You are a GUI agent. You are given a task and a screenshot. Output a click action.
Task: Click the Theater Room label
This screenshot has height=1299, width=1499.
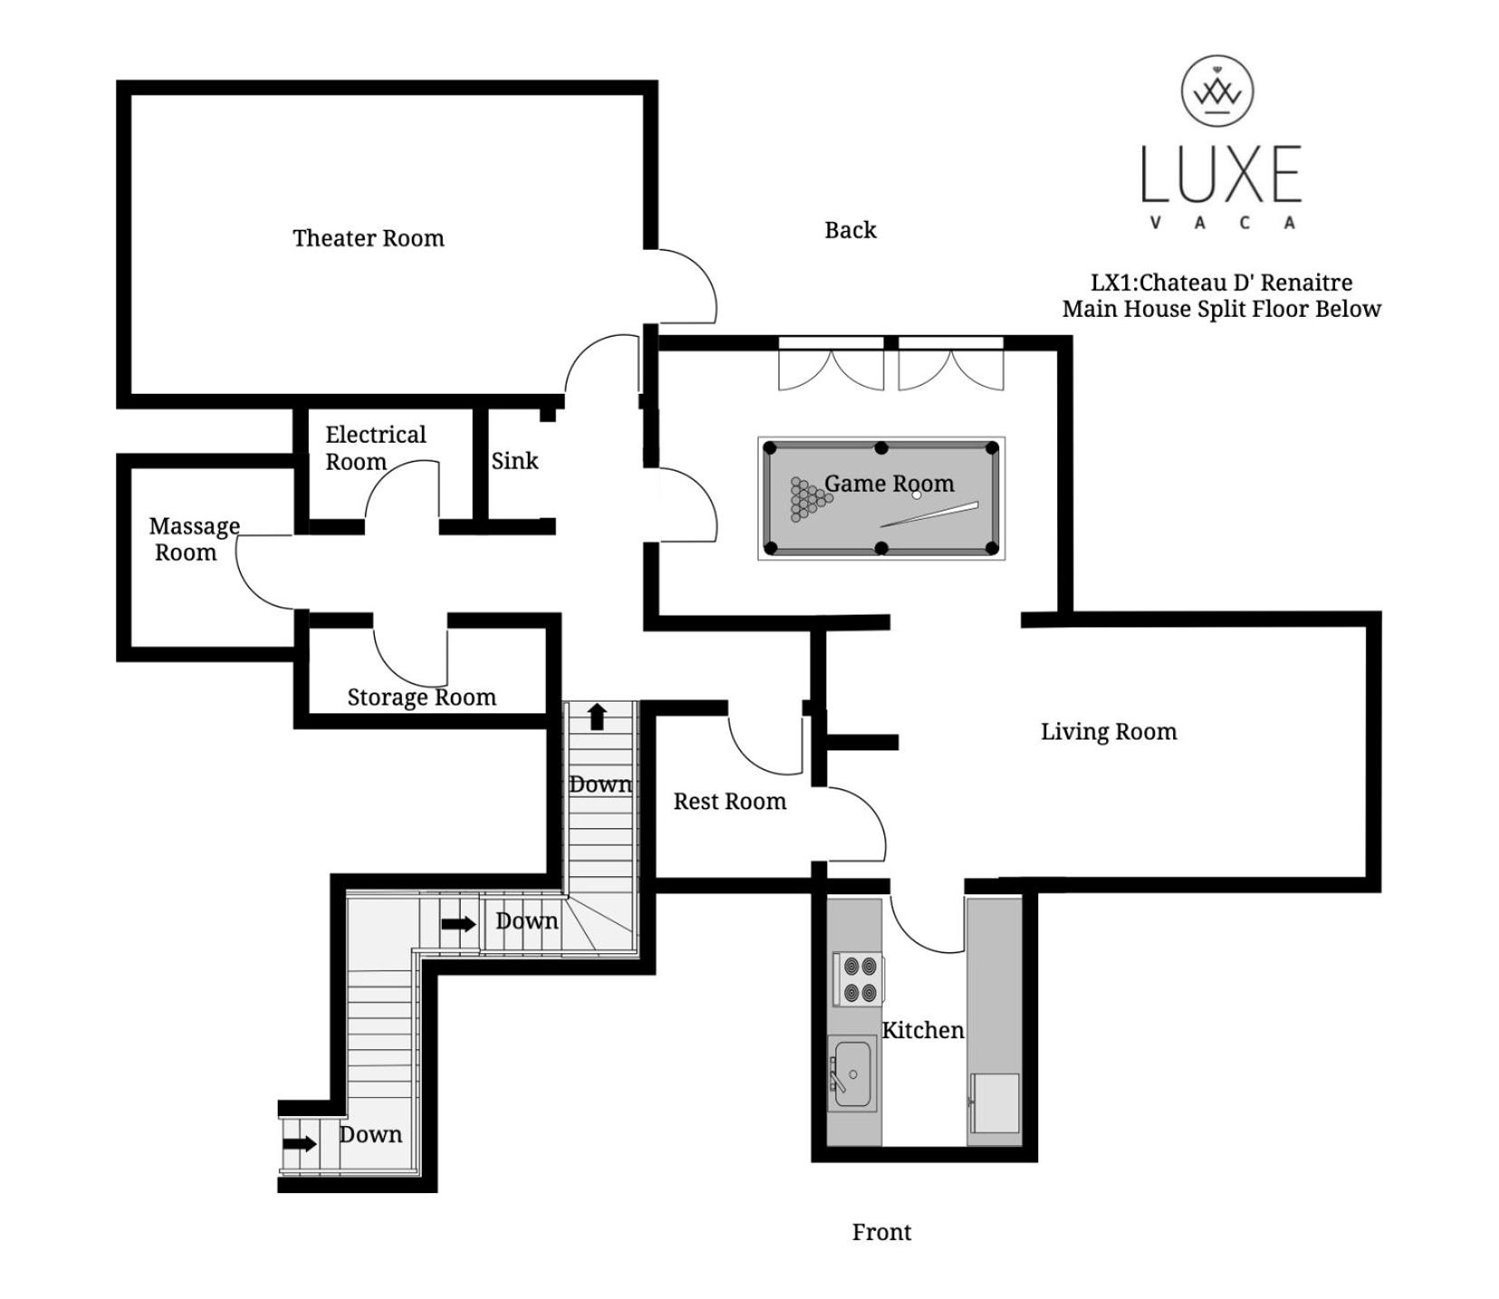tap(368, 238)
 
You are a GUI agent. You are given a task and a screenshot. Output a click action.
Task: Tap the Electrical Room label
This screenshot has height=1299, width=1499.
tap(375, 448)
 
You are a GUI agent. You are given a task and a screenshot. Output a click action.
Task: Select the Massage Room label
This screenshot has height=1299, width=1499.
tap(194, 540)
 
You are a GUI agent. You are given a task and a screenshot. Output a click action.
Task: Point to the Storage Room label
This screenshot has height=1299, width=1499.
tap(422, 697)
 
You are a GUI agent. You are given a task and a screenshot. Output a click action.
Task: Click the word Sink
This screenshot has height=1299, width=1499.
tap(514, 461)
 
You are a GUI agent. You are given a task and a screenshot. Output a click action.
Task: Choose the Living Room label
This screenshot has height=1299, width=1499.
tap(1109, 732)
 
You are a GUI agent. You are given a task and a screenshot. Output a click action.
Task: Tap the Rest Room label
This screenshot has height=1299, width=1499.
tap(730, 801)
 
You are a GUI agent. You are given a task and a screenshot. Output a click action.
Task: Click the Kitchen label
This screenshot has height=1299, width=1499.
tap(922, 1030)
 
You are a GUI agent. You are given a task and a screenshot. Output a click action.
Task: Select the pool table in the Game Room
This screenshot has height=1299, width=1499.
tap(881, 498)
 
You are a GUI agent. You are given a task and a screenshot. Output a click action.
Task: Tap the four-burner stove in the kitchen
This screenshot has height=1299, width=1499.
tap(858, 979)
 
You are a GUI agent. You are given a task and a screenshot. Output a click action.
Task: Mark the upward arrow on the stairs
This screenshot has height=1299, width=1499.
tap(597, 716)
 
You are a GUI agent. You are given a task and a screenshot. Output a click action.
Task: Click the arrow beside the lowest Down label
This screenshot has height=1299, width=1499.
tap(300, 1143)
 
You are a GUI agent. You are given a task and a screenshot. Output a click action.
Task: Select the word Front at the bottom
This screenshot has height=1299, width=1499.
tap(882, 1232)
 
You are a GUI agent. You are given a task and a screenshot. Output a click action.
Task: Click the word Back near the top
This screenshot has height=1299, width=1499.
tap(850, 230)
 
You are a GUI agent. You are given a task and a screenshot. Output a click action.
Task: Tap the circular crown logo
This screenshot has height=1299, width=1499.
tap(1217, 91)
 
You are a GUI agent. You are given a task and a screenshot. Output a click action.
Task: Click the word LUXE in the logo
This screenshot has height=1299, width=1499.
tap(1220, 173)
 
